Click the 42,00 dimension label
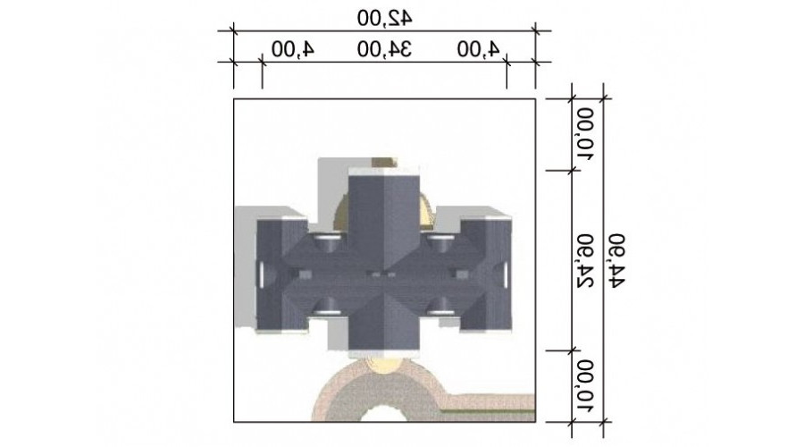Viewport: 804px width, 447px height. click(x=384, y=19)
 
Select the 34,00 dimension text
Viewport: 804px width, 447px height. click(x=384, y=49)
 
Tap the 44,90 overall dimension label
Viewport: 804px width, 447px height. click(x=616, y=260)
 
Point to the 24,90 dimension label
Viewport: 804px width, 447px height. click(x=585, y=260)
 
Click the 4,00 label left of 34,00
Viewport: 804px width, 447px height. click(x=293, y=49)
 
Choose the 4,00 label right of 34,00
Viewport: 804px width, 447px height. click(x=479, y=49)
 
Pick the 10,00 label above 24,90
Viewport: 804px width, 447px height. click(x=585, y=134)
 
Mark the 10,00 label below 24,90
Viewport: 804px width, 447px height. click(x=585, y=386)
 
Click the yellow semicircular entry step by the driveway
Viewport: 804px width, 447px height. click(x=384, y=366)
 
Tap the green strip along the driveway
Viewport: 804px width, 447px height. click(x=489, y=411)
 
